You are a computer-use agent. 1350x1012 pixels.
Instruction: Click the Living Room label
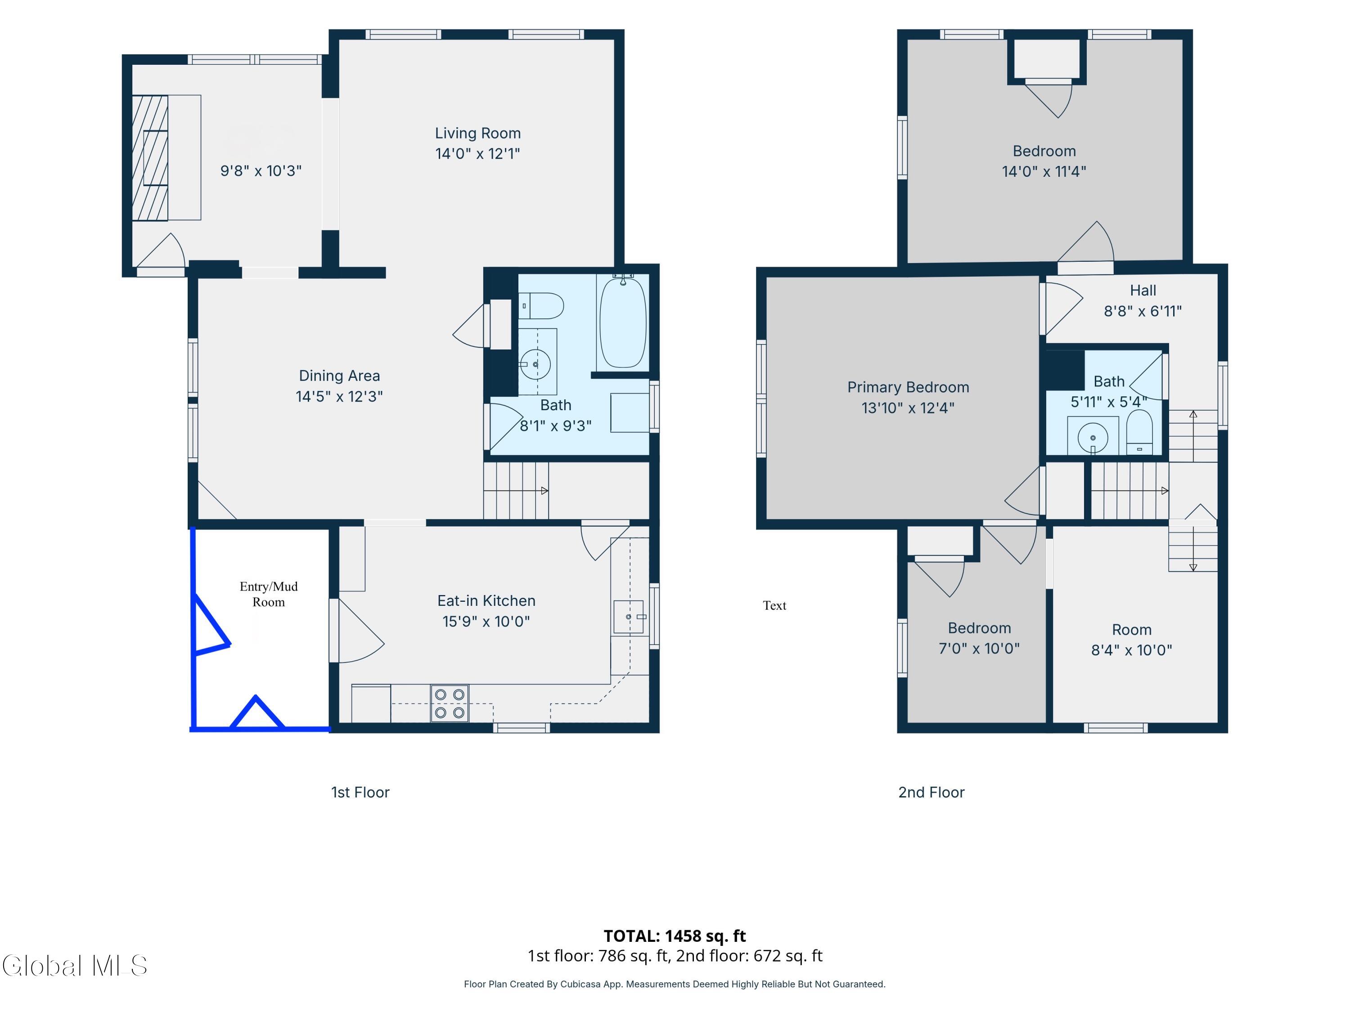click(x=478, y=133)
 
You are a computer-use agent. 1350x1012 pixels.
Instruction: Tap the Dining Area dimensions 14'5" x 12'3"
click(x=339, y=397)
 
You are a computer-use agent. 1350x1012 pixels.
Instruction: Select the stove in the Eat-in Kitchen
click(x=450, y=703)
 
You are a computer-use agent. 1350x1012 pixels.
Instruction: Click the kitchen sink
click(x=629, y=618)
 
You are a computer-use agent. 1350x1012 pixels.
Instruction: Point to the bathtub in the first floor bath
click(x=622, y=322)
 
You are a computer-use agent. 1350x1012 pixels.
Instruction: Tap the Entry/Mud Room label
click(x=269, y=594)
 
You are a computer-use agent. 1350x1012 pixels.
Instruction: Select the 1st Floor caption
click(x=360, y=793)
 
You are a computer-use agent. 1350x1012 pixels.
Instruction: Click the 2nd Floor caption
click(x=931, y=793)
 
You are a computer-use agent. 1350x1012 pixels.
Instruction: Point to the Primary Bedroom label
click(x=908, y=387)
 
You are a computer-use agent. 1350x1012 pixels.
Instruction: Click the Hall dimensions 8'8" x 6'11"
click(x=1143, y=311)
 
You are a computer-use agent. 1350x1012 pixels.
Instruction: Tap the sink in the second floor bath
click(x=1093, y=437)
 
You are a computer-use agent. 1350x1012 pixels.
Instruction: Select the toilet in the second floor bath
click(x=1139, y=432)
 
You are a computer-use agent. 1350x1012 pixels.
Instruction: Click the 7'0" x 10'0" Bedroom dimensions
click(x=979, y=649)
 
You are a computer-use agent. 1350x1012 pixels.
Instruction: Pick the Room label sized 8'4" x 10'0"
click(x=1131, y=630)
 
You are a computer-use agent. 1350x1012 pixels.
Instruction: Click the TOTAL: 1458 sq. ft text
click(x=675, y=936)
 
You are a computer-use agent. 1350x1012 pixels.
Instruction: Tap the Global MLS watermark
click(x=74, y=966)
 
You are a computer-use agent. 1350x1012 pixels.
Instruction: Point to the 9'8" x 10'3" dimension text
click(x=261, y=171)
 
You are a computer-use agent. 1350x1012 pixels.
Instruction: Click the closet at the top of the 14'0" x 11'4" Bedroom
click(x=1047, y=59)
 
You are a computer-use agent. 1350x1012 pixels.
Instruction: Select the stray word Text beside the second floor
click(x=774, y=606)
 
